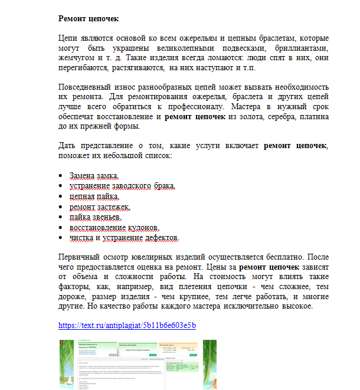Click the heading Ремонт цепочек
tap(89, 19)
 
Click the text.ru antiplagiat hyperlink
tap(127, 325)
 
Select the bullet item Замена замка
tap(94, 176)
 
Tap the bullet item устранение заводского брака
tap(122, 186)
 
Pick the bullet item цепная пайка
tap(94, 196)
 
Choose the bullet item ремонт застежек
tap(99, 207)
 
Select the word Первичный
tap(78, 256)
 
